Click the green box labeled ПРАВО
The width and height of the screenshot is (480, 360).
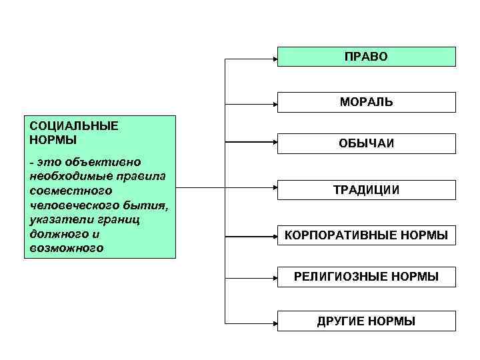pyautogui.click(x=366, y=57)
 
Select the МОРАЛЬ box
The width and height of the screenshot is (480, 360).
pyautogui.click(x=366, y=102)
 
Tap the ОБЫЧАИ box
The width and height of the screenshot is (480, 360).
pyautogui.click(x=366, y=143)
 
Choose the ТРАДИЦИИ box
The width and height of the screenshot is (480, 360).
pyautogui.click(x=366, y=190)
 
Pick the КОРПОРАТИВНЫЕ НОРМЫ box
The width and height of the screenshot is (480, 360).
pyautogui.click(x=366, y=235)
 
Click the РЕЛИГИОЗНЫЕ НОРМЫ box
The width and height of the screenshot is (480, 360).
pyautogui.click(x=366, y=277)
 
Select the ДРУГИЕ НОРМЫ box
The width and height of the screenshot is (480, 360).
pyautogui.click(x=366, y=321)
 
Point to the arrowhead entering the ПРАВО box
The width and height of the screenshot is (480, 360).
pyautogui.click(x=274, y=59)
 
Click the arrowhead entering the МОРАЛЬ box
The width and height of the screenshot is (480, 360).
pyautogui.click(x=274, y=103)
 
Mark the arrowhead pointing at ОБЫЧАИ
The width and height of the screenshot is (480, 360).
pyautogui.click(x=274, y=141)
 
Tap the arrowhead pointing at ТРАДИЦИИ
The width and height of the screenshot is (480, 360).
pyautogui.click(x=274, y=187)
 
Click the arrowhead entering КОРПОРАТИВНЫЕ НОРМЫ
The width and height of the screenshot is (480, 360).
pyautogui.click(x=274, y=236)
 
